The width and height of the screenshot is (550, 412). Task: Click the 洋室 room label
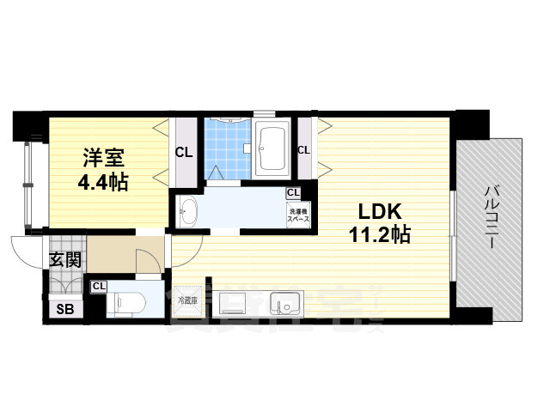point(104,158)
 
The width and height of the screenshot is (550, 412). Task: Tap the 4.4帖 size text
point(104,182)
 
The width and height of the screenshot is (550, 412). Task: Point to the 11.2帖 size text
point(377,233)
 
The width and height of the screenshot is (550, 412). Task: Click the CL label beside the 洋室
point(184,154)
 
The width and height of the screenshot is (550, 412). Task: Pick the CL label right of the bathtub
point(303,150)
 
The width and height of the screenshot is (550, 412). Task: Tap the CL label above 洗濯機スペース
point(293,193)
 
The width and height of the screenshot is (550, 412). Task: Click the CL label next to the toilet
point(99,287)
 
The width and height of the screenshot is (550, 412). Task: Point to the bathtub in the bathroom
point(274,148)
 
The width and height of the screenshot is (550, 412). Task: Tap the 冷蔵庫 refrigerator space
point(186,300)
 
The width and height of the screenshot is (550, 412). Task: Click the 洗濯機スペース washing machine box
point(298,215)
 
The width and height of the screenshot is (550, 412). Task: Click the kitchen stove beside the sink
point(232,304)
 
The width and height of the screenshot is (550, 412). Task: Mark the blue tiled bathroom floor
point(228,146)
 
